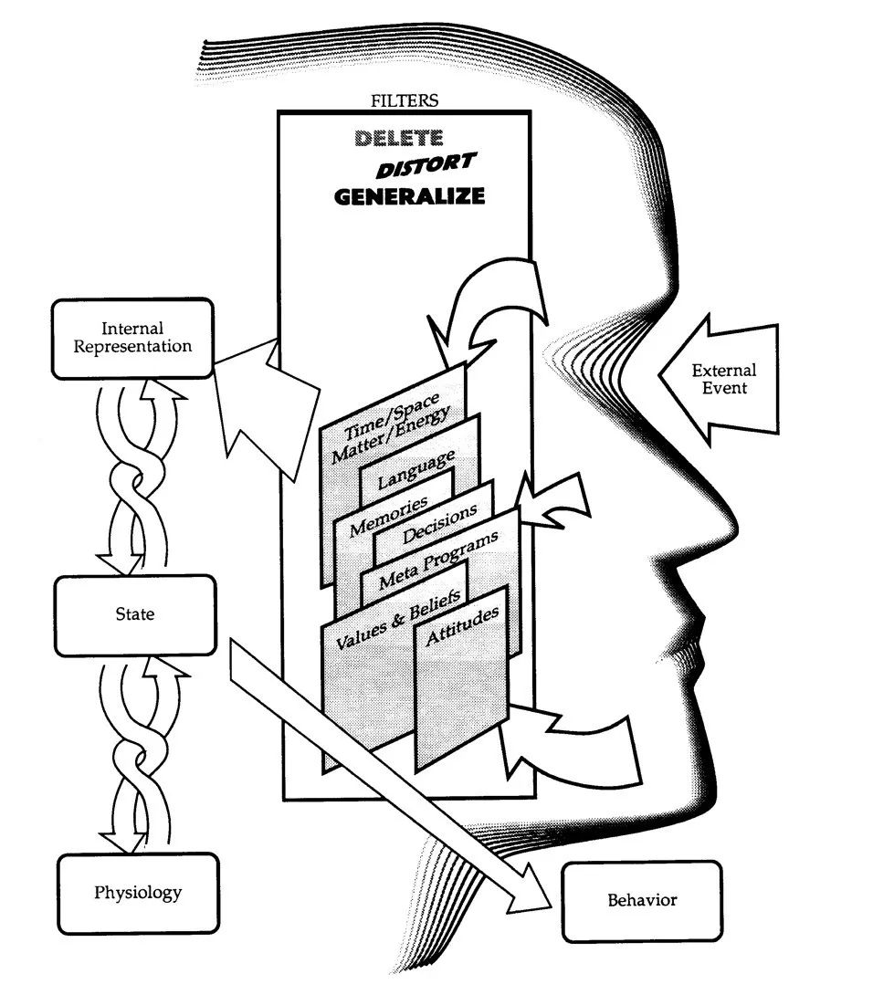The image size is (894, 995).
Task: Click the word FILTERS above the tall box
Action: pos(404,100)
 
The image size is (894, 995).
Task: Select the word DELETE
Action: pos(399,139)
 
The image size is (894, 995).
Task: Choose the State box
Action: pos(134,614)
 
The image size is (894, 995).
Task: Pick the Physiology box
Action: pos(138,892)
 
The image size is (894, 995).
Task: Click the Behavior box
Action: pos(642,900)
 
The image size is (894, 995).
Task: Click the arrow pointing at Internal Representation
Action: pos(265,393)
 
